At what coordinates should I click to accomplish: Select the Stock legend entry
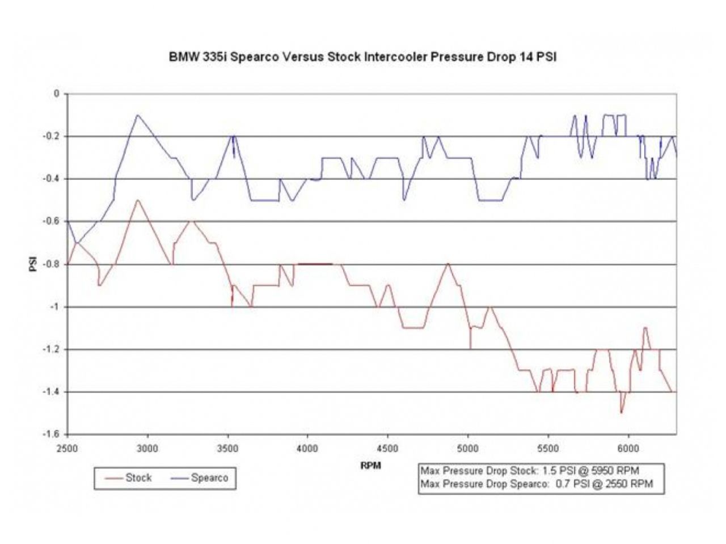[138, 478]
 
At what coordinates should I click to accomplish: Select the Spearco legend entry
[209, 478]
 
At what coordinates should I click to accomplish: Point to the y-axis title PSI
[33, 264]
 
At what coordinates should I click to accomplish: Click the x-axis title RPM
[370, 466]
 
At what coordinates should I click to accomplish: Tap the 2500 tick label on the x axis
[67, 448]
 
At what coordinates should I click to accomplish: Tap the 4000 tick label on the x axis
[307, 448]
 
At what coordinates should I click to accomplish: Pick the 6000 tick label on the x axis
[628, 448]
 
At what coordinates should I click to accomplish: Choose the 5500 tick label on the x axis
[548, 448]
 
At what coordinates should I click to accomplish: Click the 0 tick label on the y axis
[56, 94]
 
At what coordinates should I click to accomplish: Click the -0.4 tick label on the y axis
[52, 179]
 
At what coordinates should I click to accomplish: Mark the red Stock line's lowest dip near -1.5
[621, 413]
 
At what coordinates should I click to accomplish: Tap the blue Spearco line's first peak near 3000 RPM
[137, 115]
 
